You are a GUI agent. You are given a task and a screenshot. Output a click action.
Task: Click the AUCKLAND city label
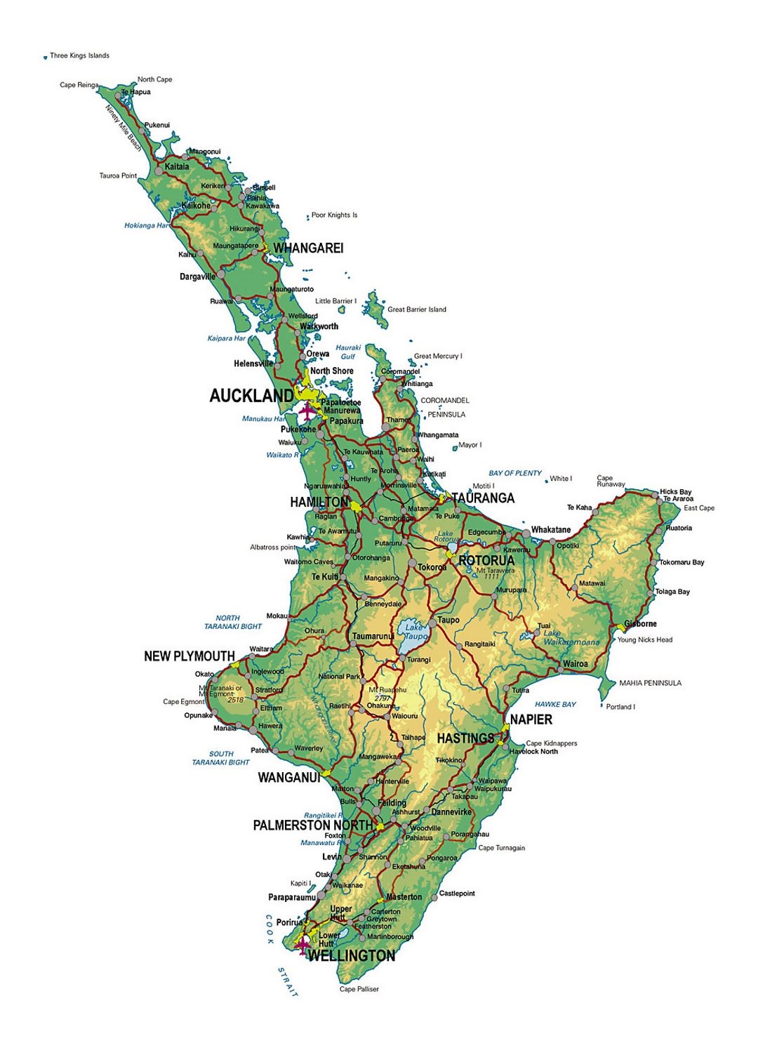251,396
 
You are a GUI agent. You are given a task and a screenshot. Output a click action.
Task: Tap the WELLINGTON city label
352,955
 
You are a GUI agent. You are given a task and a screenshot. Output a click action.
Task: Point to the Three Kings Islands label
79,55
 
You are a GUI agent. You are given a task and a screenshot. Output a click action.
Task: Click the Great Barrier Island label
417,310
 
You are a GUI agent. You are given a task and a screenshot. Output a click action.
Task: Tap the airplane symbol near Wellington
302,945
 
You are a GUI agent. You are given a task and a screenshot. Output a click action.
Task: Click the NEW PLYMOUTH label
189,656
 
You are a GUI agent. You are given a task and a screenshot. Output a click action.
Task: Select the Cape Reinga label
79,85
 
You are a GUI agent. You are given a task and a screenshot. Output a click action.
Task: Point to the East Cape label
699,508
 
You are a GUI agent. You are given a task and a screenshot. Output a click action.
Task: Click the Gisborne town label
641,624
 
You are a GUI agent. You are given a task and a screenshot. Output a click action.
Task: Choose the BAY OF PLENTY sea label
515,473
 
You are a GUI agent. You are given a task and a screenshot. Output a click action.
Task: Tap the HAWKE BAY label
555,704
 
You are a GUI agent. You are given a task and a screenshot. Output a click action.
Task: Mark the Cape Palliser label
359,989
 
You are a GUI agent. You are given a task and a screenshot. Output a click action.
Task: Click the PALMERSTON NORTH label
312,825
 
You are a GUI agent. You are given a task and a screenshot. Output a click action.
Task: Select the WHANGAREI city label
308,248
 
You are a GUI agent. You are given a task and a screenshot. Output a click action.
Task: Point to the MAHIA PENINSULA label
650,683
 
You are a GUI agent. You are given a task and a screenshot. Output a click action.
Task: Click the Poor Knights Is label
334,215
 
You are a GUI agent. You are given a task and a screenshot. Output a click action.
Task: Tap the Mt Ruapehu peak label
387,690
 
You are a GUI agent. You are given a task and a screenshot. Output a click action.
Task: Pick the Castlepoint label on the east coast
457,893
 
